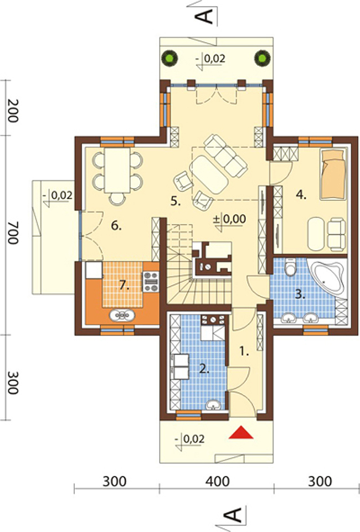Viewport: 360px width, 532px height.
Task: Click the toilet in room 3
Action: pos(290,266)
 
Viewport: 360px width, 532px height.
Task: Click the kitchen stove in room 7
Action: pos(151,282)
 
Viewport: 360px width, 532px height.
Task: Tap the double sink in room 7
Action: pos(122,316)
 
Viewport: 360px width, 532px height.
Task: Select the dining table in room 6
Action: pos(117,170)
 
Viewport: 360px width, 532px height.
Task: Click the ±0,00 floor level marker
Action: pos(229,219)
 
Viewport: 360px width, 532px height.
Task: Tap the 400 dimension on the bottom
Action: pos(218,482)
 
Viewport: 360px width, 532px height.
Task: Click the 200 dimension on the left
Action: pos(13,111)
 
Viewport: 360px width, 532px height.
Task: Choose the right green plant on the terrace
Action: pos(263,58)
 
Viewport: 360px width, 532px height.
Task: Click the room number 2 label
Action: pos(204,369)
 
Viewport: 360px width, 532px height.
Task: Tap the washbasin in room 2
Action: pos(213,404)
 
